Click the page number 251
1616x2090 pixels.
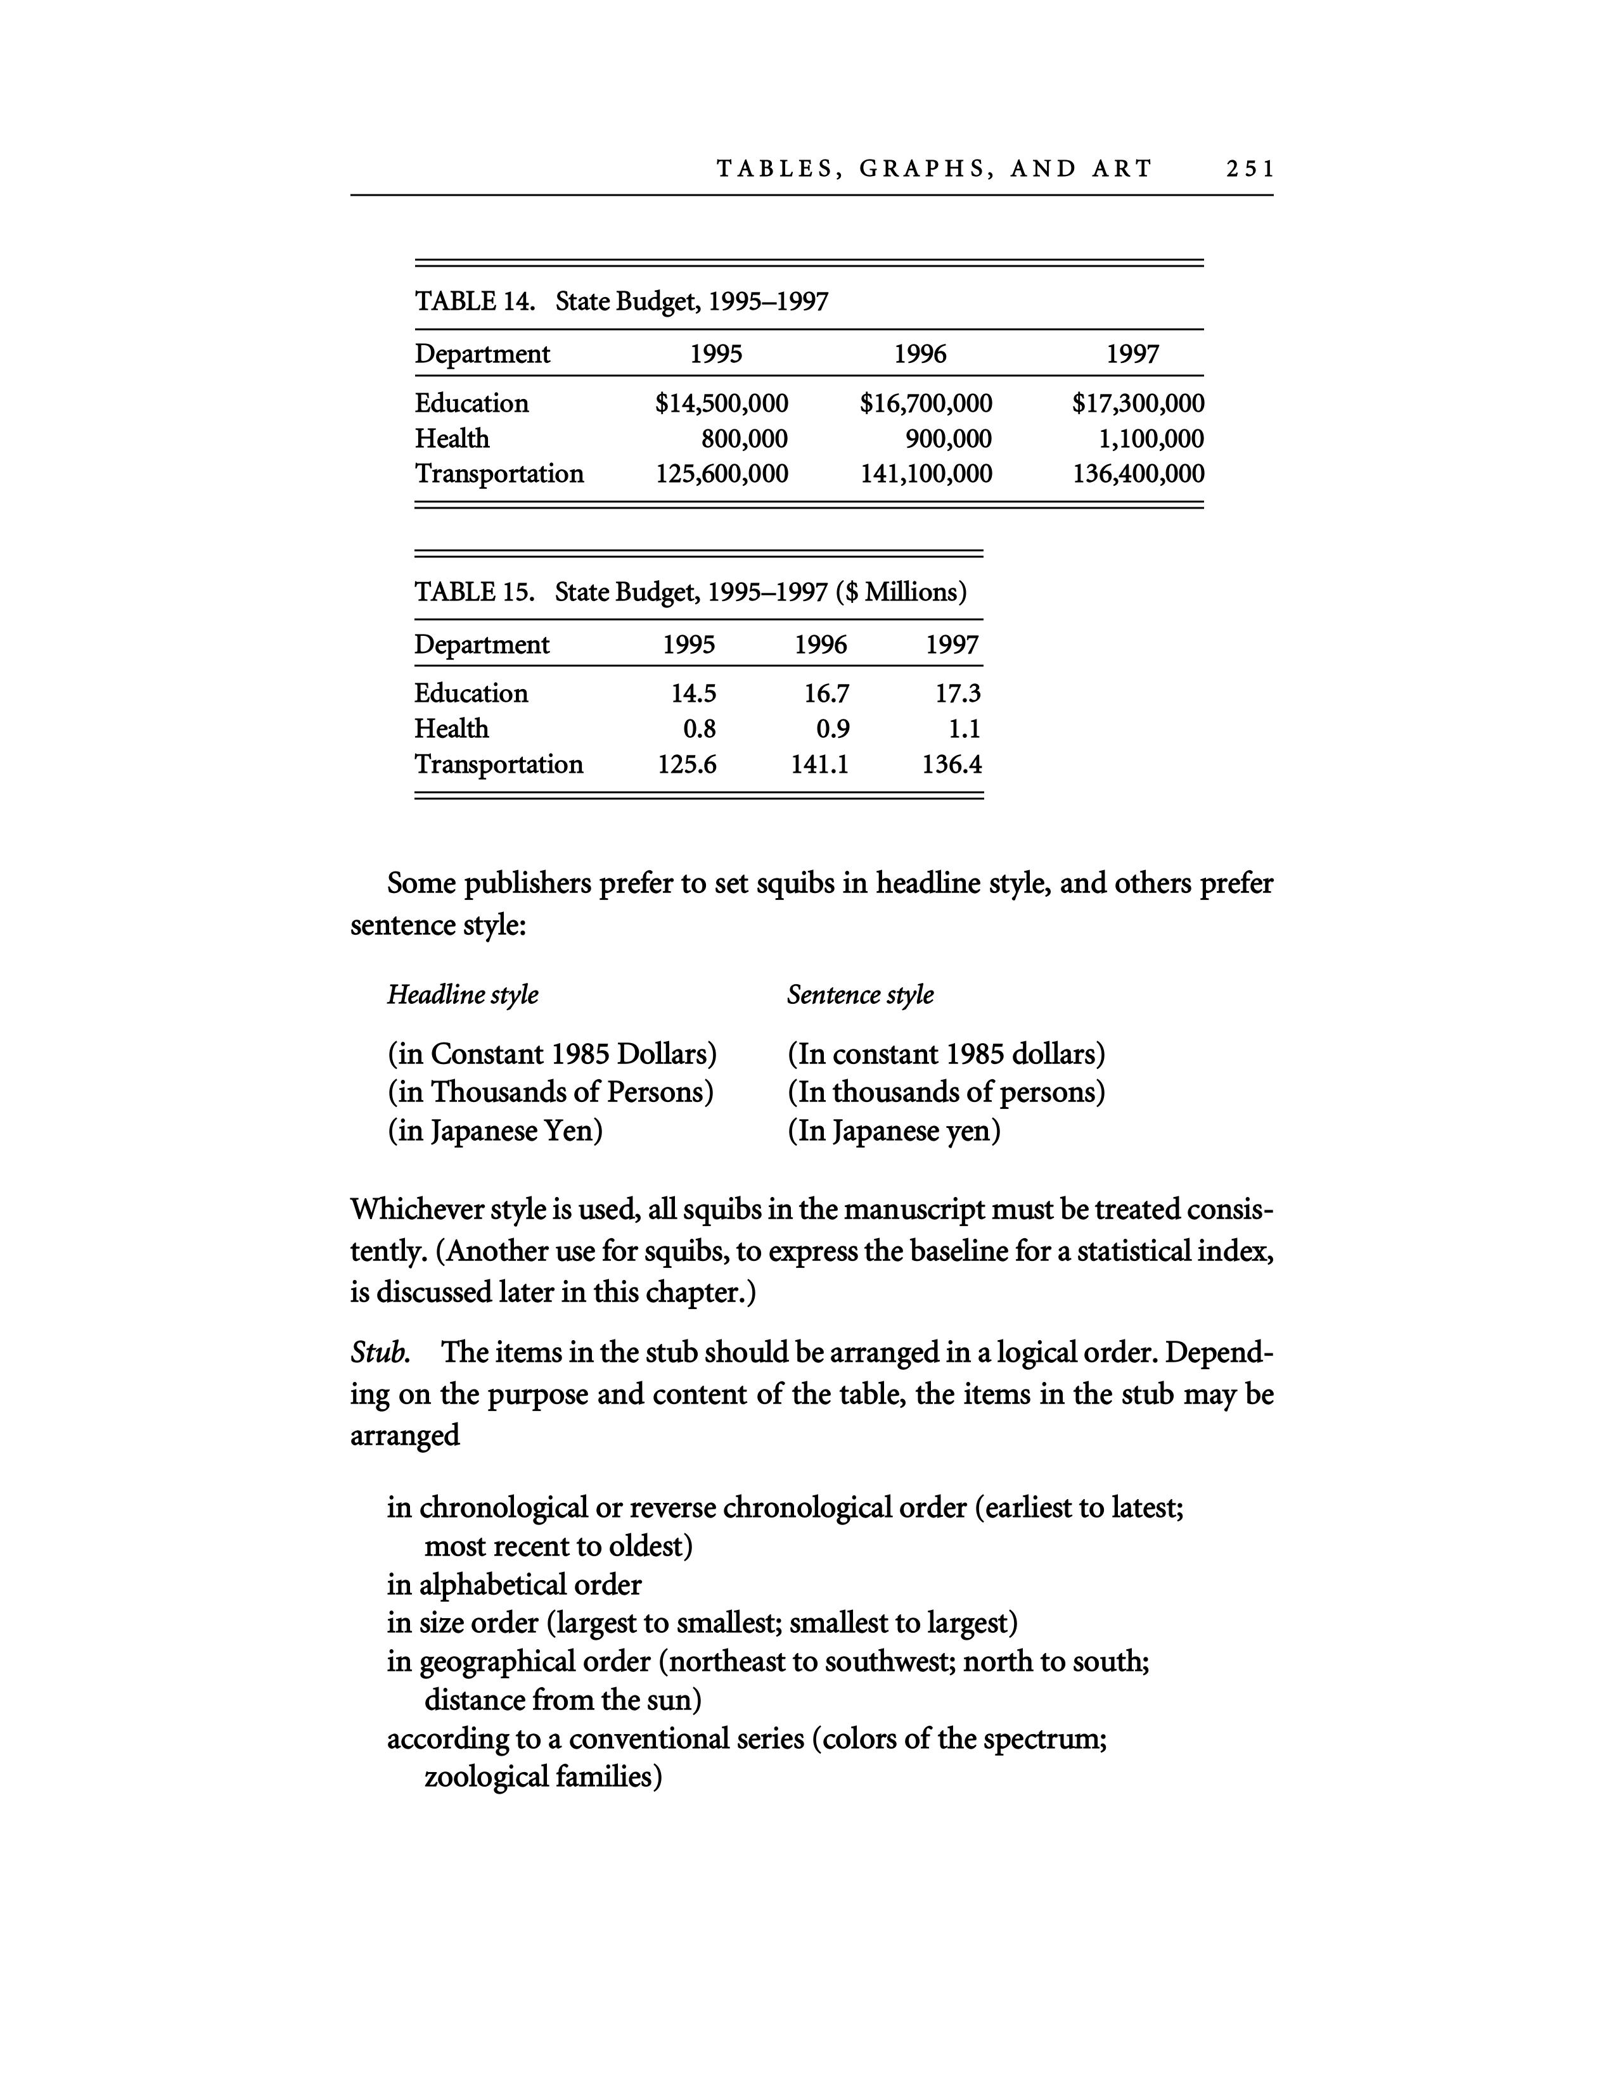[x=1249, y=169]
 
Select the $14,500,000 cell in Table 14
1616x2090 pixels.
[x=721, y=403]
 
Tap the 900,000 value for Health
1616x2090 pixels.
[x=948, y=438]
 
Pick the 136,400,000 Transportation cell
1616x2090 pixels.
[x=1138, y=474]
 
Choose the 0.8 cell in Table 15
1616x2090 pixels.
[x=699, y=728]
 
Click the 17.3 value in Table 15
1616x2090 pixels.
[x=958, y=693]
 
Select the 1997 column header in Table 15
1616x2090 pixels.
[x=952, y=644]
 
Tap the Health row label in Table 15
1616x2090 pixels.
[x=451, y=728]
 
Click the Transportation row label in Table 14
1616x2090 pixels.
[x=499, y=474]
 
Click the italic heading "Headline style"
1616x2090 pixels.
[x=463, y=994]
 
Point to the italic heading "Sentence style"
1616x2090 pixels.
[x=860, y=994]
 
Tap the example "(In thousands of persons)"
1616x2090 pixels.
[x=946, y=1092]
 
